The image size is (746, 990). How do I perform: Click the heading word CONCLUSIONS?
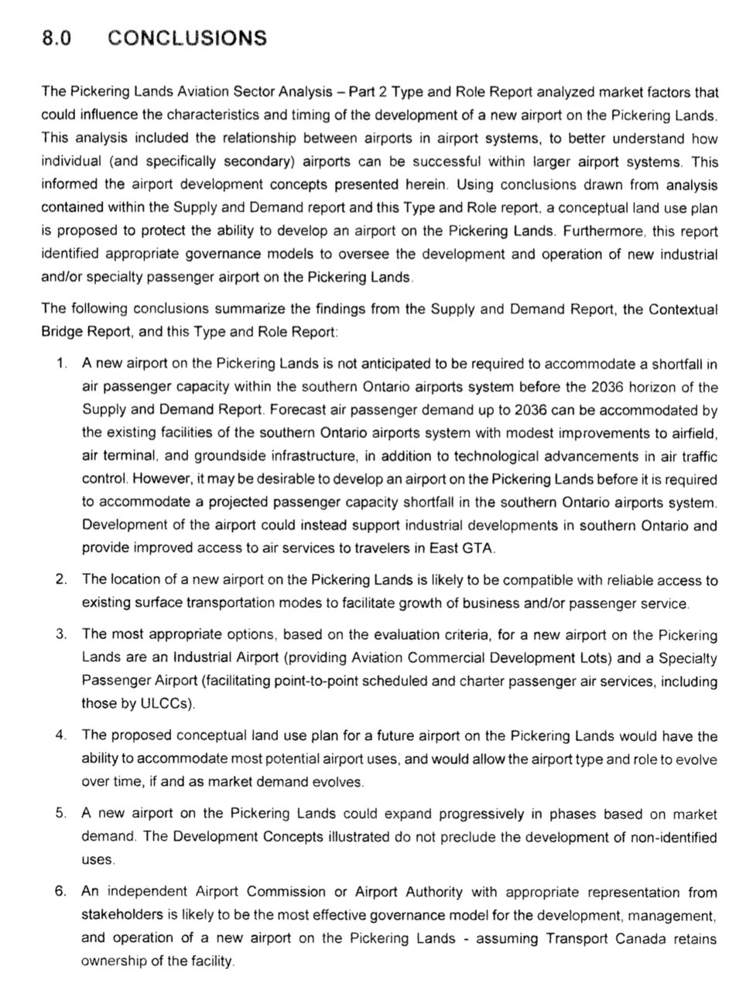click(x=188, y=38)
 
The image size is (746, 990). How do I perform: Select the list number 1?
click(x=62, y=364)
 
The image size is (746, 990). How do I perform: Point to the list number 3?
click(x=61, y=634)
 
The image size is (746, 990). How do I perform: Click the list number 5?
click(x=61, y=814)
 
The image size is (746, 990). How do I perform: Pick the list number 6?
click(x=61, y=892)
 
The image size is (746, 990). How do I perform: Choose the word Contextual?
click(x=683, y=309)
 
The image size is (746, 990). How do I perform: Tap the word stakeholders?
click(x=117, y=915)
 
